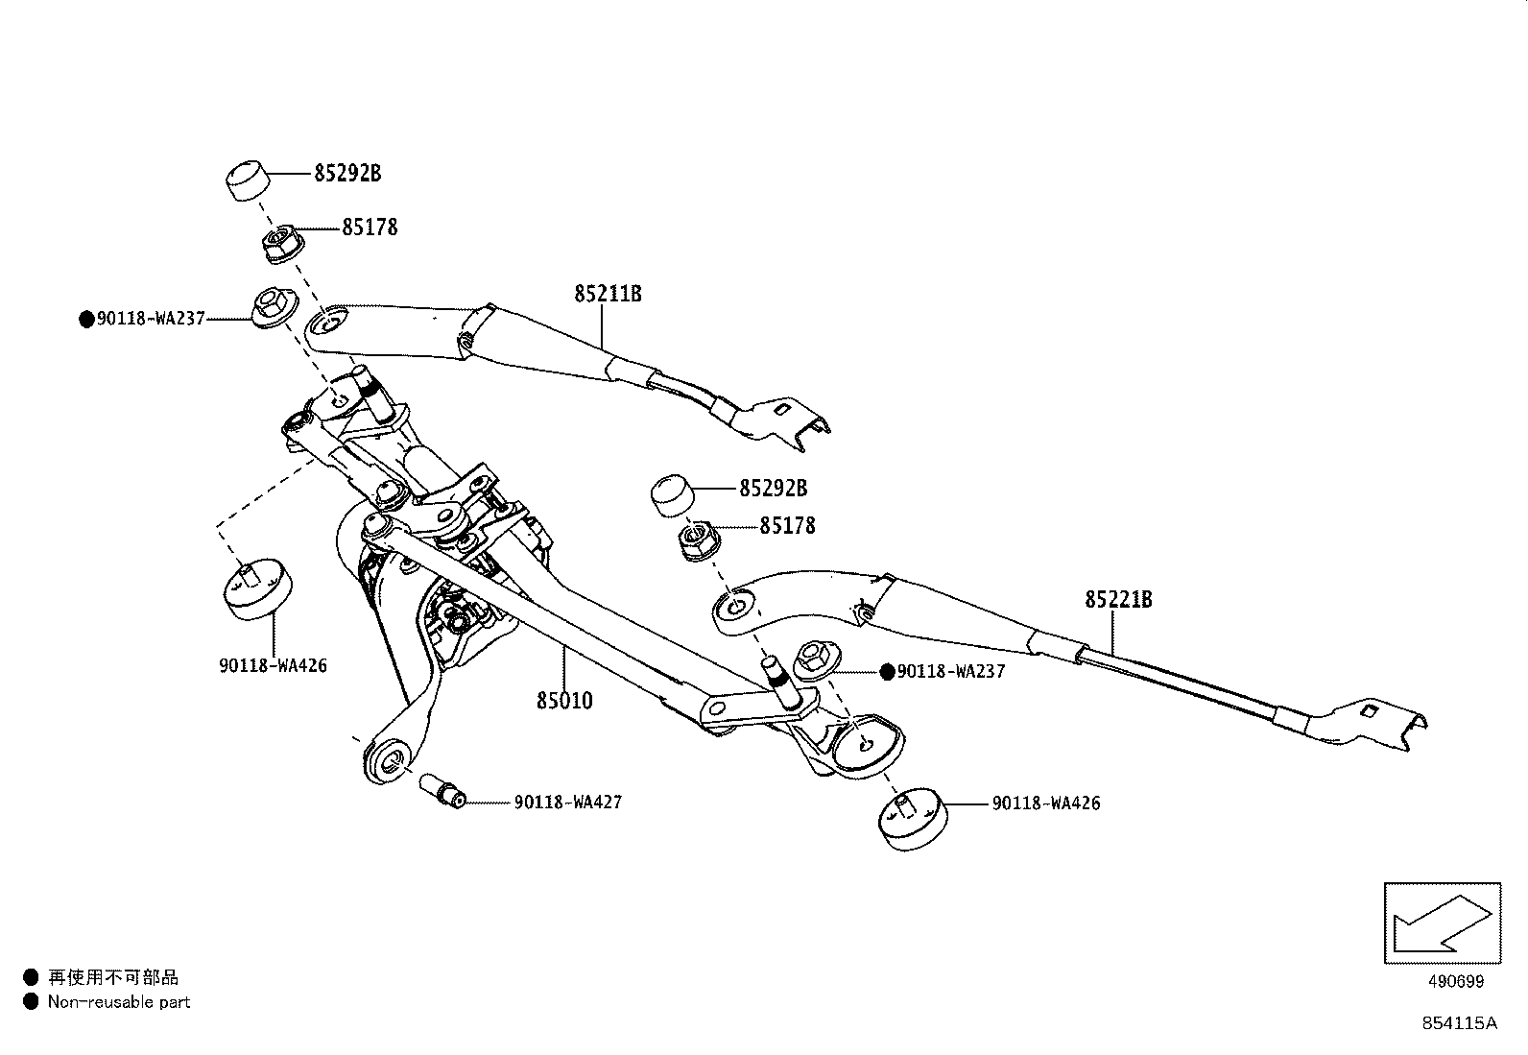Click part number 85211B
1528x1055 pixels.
click(608, 293)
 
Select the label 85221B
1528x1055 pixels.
click(1118, 599)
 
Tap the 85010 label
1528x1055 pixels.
click(564, 701)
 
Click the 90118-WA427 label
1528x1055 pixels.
click(567, 802)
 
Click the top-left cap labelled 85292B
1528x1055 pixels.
click(247, 180)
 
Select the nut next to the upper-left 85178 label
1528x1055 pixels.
click(279, 243)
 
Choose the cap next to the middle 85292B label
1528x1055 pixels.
click(676, 497)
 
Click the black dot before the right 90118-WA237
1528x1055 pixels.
click(887, 671)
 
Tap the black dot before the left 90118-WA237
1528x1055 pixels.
click(86, 319)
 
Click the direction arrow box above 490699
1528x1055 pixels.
click(1442, 923)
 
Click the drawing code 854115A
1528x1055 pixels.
click(1459, 1023)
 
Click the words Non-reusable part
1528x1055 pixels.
click(119, 1002)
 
